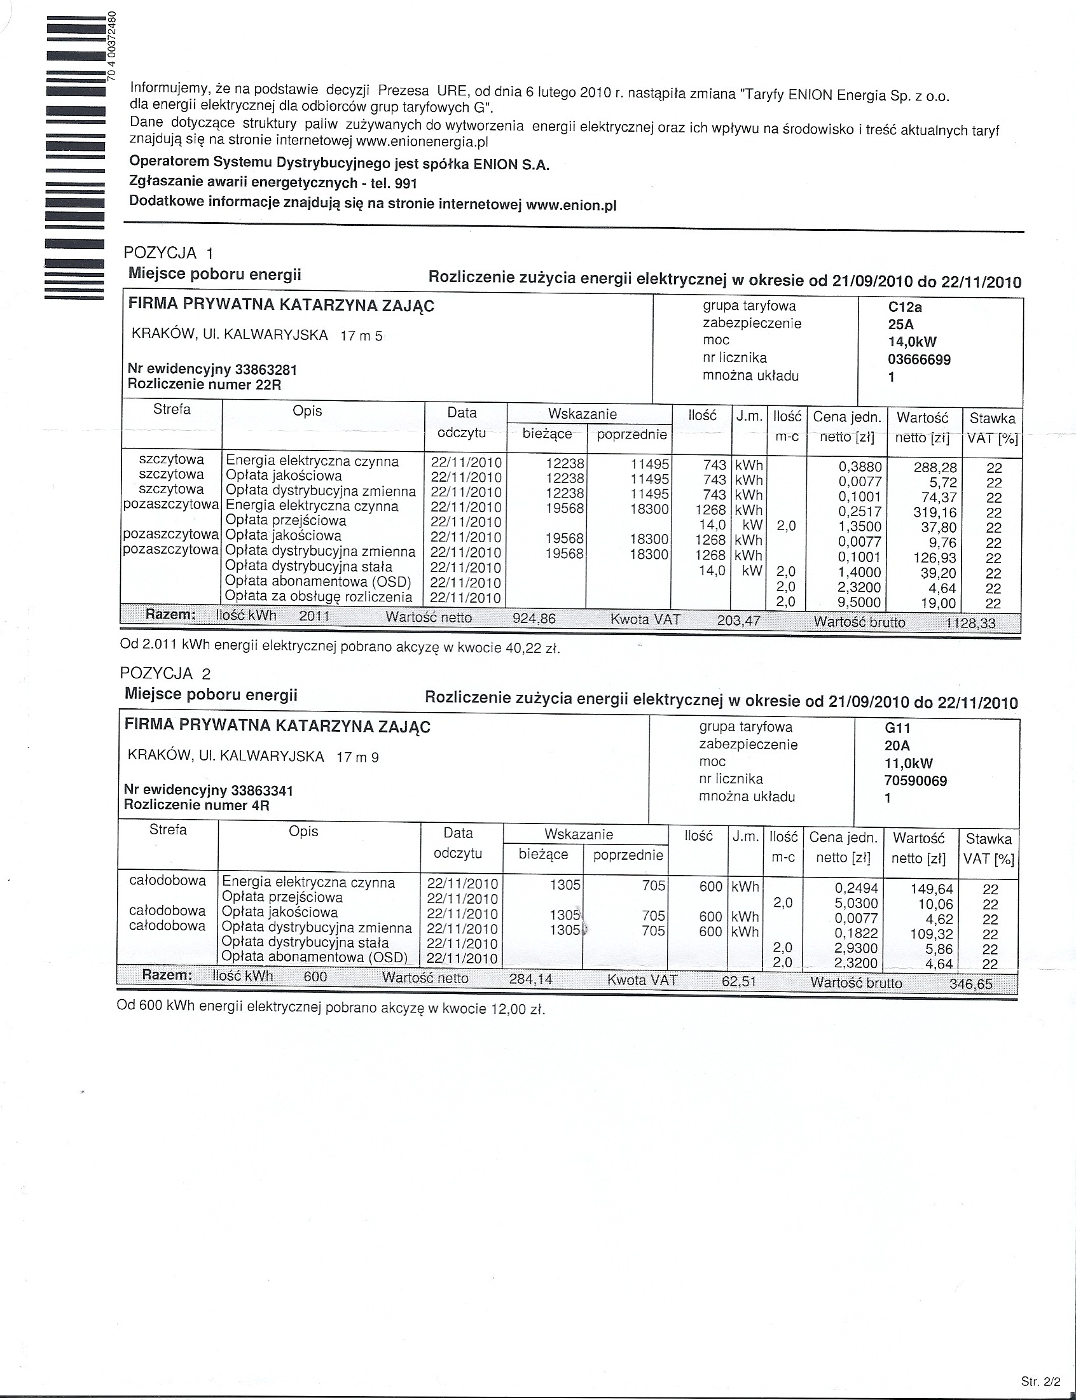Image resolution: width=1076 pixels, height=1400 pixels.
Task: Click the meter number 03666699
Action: pyautogui.click(x=918, y=360)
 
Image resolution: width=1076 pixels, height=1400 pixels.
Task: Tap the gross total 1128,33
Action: pyautogui.click(x=970, y=623)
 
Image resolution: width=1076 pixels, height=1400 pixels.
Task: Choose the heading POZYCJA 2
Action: pyautogui.click(x=165, y=673)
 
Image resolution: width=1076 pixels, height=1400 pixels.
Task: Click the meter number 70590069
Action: pyautogui.click(x=915, y=780)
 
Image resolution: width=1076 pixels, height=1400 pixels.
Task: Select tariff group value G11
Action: pyautogui.click(x=897, y=729)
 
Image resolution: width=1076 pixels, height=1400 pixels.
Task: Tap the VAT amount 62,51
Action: pyautogui.click(x=738, y=982)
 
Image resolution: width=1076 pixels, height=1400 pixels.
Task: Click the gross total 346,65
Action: pyautogui.click(x=970, y=984)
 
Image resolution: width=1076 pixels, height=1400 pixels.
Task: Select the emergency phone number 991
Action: pyautogui.click(x=406, y=184)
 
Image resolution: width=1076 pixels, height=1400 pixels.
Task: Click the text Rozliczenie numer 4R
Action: pyautogui.click(x=197, y=806)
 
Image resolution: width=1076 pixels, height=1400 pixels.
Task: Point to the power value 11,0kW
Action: pyautogui.click(x=908, y=763)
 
